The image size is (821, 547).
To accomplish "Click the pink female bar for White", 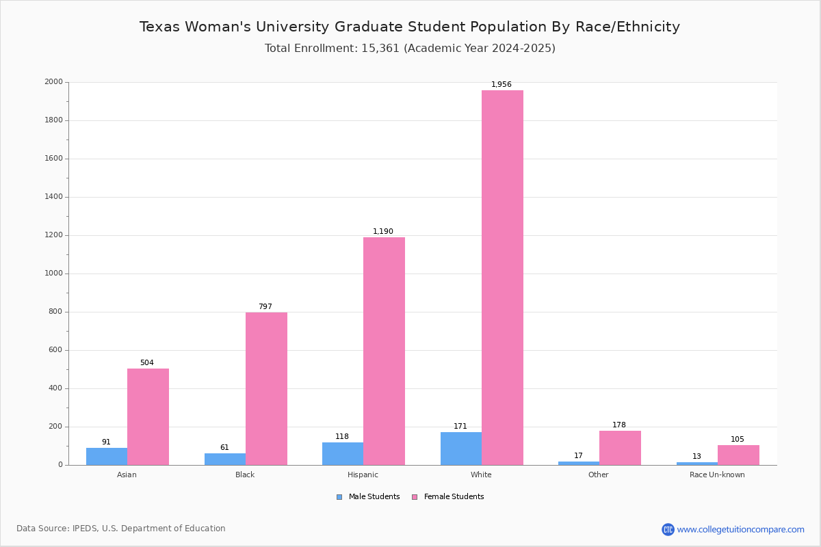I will tap(502, 278).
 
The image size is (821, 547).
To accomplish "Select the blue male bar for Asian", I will tap(107, 457).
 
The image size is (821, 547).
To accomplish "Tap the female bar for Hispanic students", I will tap(384, 351).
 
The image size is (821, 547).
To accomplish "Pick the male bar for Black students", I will tap(225, 459).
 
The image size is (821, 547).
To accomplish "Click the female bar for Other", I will tap(620, 448).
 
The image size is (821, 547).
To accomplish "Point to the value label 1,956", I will tap(501, 85).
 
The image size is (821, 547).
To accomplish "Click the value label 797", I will tap(265, 307).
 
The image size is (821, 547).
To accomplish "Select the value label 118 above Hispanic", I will tap(342, 437).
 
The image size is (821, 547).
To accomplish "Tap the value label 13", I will tap(696, 457).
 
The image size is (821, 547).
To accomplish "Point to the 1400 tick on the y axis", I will tap(53, 197).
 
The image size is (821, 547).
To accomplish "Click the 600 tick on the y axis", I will tap(55, 350).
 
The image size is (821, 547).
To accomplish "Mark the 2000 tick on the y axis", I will tap(53, 82).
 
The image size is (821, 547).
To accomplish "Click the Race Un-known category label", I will tap(717, 475).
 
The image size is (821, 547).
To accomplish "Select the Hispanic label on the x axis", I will tap(363, 475).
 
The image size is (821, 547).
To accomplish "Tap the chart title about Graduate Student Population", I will tap(410, 27).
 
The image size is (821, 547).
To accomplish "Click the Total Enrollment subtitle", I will tap(410, 49).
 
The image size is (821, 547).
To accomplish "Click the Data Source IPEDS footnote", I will tap(121, 529).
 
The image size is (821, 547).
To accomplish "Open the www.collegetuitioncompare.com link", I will tap(740, 529).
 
